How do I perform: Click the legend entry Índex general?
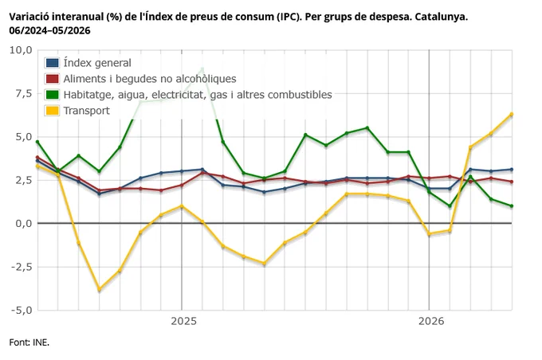(x=97, y=63)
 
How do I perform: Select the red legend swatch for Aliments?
(x=52, y=79)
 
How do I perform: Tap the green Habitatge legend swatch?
(x=52, y=95)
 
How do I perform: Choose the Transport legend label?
(x=86, y=111)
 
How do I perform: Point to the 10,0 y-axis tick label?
(x=21, y=50)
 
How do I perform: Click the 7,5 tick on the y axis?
(x=23, y=94)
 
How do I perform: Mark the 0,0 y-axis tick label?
(x=23, y=224)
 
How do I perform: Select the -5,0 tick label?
(x=22, y=311)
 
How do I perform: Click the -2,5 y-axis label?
(x=22, y=267)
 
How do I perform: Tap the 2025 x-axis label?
(x=183, y=321)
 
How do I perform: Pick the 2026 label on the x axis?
(x=431, y=321)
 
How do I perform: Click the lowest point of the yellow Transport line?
(x=99, y=289)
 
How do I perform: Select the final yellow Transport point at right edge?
(x=512, y=114)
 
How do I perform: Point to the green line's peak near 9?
(x=202, y=68)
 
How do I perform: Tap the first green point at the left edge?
(x=37, y=142)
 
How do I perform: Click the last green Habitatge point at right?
(x=512, y=206)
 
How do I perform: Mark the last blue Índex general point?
(x=512, y=170)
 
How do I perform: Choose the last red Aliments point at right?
(x=512, y=182)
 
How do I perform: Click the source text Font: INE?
(x=29, y=342)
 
